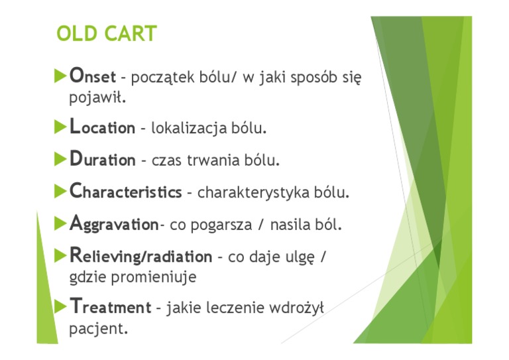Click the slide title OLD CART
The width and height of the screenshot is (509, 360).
click(x=107, y=34)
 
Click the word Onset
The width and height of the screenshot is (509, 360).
click(x=93, y=77)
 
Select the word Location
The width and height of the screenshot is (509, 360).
click(x=102, y=127)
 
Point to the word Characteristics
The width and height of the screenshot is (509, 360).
click(x=125, y=192)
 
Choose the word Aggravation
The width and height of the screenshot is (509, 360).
click(x=114, y=225)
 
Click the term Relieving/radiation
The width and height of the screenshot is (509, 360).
click(x=141, y=257)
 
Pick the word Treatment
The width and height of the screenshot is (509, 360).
click(x=110, y=308)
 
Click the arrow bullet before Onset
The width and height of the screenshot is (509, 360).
click(x=60, y=76)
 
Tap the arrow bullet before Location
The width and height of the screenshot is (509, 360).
click(x=60, y=126)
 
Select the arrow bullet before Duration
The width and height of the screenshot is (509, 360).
click(x=60, y=158)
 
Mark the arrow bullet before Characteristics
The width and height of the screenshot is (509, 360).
click(x=60, y=191)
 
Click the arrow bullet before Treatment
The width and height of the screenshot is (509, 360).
click(x=60, y=306)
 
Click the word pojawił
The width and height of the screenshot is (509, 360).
click(x=97, y=98)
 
